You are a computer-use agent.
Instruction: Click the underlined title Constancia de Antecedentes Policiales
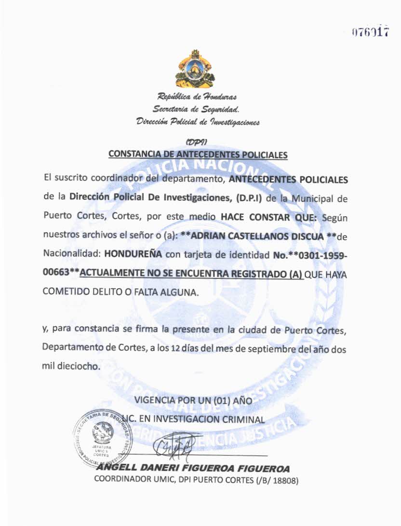(x=198, y=154)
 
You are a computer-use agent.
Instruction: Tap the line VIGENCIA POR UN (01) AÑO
(x=193, y=400)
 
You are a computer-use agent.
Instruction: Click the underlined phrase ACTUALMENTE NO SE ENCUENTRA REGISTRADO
(x=191, y=274)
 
